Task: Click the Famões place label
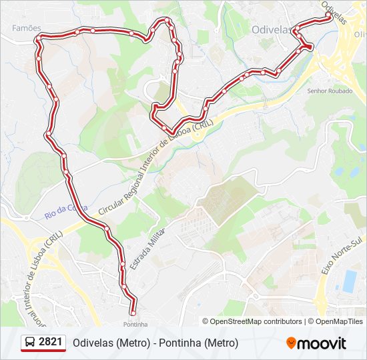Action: click(x=26, y=28)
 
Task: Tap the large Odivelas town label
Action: click(x=272, y=30)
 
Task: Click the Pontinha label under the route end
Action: click(x=135, y=324)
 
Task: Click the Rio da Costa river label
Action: click(x=66, y=209)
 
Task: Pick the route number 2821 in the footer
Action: click(x=51, y=343)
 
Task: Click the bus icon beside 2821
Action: click(x=30, y=343)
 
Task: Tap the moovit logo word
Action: click(x=322, y=343)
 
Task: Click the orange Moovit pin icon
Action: click(x=291, y=343)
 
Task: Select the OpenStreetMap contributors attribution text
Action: click(x=256, y=321)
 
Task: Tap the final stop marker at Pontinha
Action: click(x=132, y=313)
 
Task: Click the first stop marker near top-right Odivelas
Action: click(x=328, y=19)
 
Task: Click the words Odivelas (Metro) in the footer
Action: click(x=110, y=343)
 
